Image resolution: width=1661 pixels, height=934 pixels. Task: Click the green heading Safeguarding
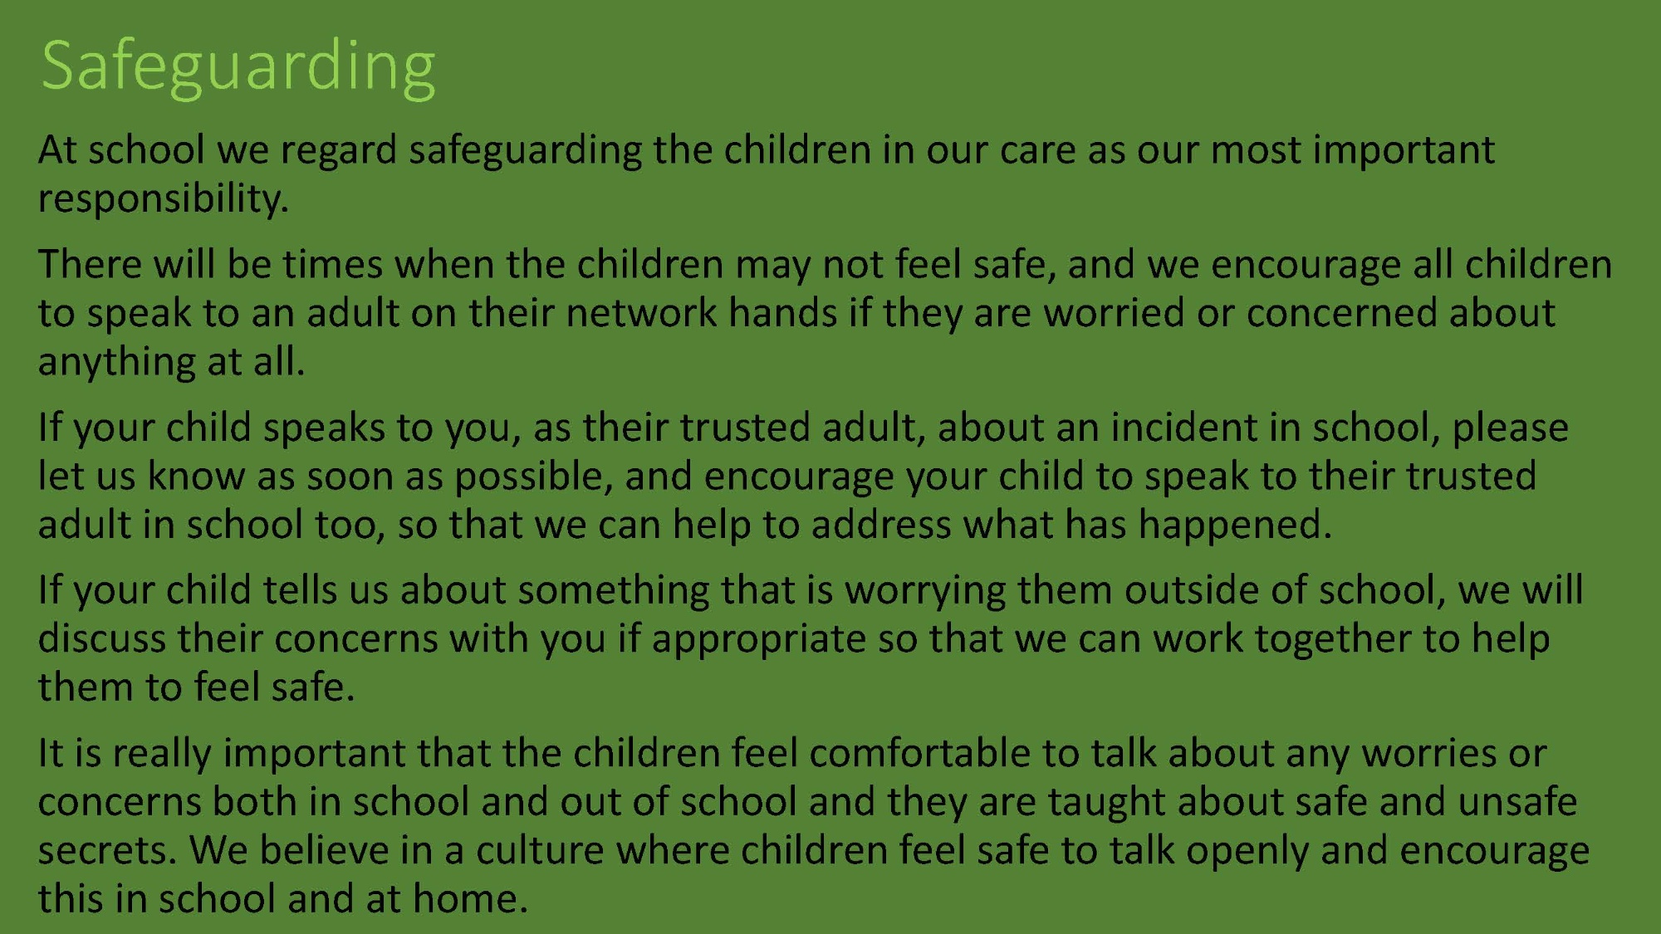(238, 67)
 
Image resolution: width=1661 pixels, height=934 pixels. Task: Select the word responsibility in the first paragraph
(163, 199)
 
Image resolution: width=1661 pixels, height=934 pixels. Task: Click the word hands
(783, 313)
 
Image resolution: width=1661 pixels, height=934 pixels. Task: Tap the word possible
(532, 477)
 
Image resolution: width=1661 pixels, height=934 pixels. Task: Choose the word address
(880, 526)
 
